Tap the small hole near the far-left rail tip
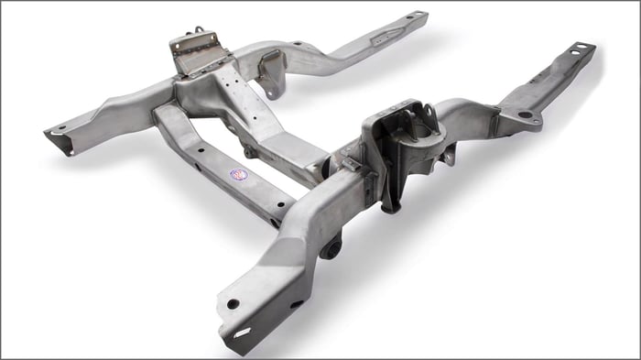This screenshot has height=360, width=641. click(x=61, y=127)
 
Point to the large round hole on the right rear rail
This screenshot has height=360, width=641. click(x=525, y=115)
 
